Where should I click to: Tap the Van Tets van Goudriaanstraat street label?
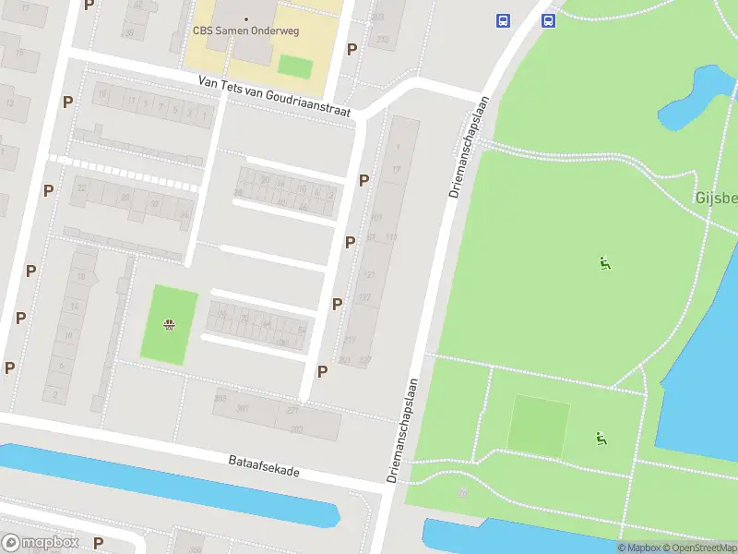pyautogui.click(x=276, y=97)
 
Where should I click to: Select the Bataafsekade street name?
pyautogui.click(x=264, y=465)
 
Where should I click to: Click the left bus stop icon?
pyautogui.click(x=503, y=20)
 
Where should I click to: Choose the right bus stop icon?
pyautogui.click(x=548, y=20)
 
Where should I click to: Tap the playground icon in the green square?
pyautogui.click(x=169, y=324)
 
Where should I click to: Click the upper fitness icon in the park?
pyautogui.click(x=604, y=263)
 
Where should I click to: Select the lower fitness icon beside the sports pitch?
pyautogui.click(x=601, y=439)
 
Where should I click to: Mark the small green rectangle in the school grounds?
pyautogui.click(x=296, y=66)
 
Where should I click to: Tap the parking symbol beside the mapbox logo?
pyautogui.click(x=98, y=543)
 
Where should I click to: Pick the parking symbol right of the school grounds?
pyautogui.click(x=351, y=49)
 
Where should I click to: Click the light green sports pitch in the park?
pyautogui.click(x=540, y=425)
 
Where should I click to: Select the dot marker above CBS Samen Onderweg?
pyautogui.click(x=246, y=18)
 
